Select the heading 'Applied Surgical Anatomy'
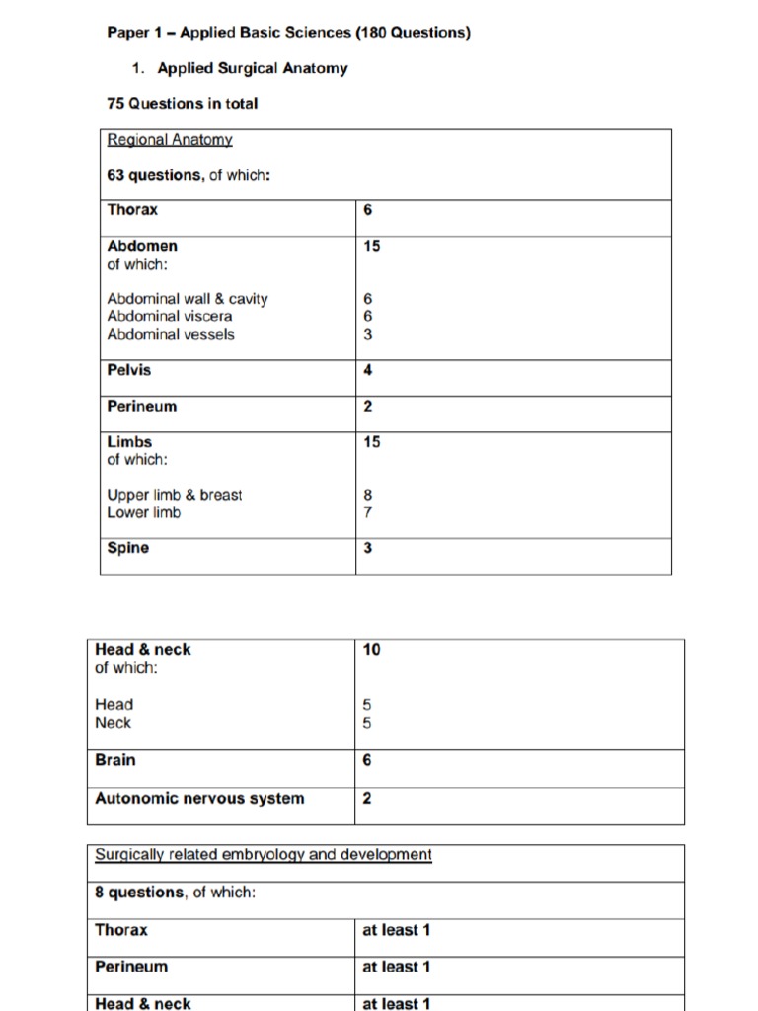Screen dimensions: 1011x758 click(252, 69)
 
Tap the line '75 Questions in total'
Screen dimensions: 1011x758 click(182, 103)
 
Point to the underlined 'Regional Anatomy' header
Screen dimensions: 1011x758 click(170, 140)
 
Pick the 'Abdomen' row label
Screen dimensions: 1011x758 click(142, 246)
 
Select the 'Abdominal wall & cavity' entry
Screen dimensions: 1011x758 click(188, 298)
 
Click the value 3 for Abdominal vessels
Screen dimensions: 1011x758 click(368, 334)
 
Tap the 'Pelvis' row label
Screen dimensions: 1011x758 click(129, 370)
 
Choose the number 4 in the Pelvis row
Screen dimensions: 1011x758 click(368, 370)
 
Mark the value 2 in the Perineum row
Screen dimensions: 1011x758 click(368, 406)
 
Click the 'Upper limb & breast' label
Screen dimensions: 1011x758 click(175, 495)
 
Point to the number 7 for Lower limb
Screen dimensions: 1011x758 click(368, 512)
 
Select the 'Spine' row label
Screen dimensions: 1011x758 click(128, 548)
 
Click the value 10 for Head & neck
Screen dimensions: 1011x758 click(371, 649)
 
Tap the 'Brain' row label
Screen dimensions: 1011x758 click(115, 760)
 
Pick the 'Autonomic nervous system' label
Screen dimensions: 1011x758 click(199, 798)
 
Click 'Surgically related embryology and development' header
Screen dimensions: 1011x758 click(264, 854)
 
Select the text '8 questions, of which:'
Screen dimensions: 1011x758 click(175, 893)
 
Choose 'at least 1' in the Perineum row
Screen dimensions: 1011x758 click(397, 967)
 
